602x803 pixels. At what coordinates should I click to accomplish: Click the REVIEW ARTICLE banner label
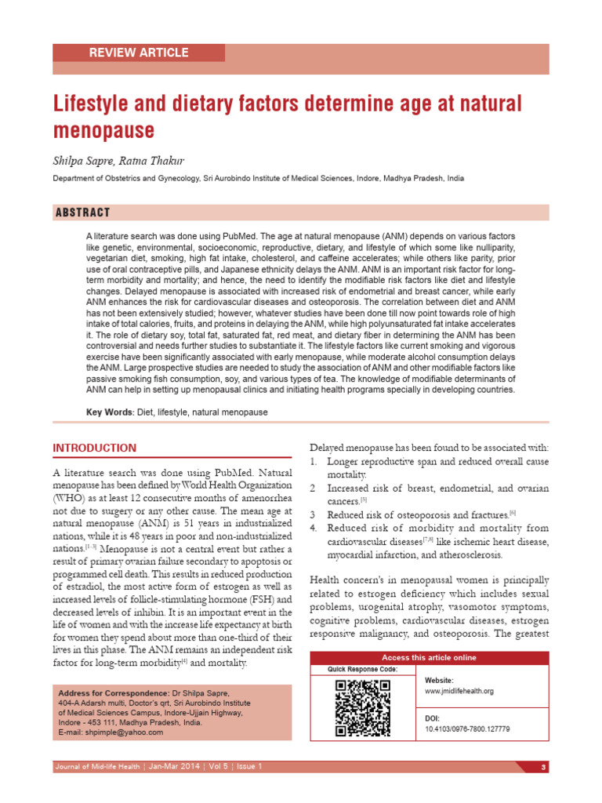click(139, 53)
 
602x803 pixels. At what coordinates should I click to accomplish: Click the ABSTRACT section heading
click(82, 213)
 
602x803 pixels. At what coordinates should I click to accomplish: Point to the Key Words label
click(109, 412)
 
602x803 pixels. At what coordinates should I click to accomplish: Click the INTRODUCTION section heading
click(94, 448)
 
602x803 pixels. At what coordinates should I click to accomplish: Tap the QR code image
click(362, 707)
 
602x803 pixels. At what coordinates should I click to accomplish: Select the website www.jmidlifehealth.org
click(459, 691)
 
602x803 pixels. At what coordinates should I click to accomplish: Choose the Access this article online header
click(428, 657)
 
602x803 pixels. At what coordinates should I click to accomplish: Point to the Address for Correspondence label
click(114, 694)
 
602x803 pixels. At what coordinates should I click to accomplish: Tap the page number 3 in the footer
click(542, 767)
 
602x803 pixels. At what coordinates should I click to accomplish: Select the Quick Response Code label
click(362, 669)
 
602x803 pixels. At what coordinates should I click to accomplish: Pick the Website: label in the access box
click(439, 680)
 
